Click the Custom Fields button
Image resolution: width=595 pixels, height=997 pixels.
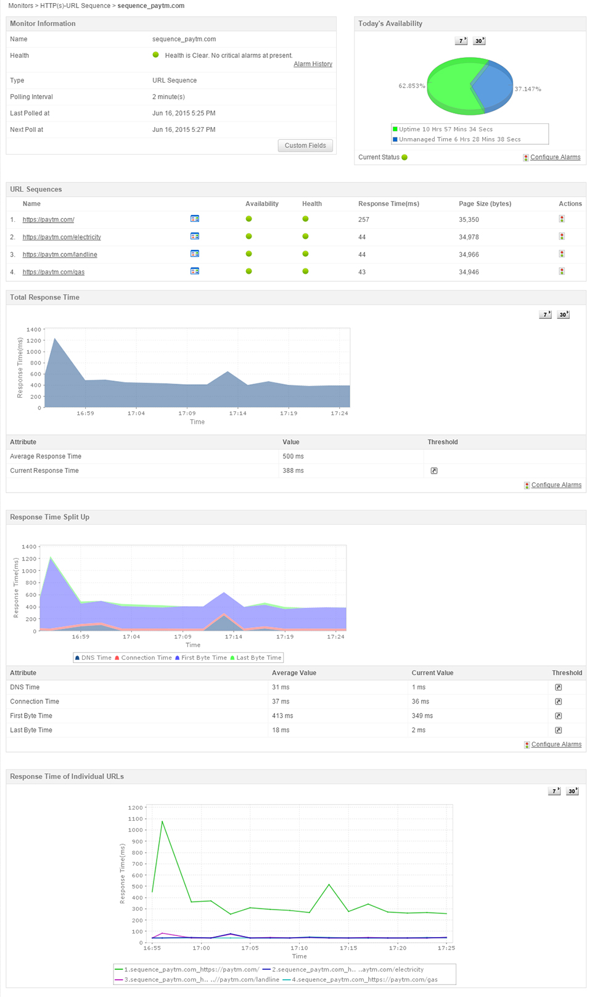click(305, 146)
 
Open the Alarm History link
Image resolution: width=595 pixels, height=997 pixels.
click(313, 64)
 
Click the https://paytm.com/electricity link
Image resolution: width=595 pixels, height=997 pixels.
click(62, 237)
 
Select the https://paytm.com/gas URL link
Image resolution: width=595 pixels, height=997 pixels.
click(54, 272)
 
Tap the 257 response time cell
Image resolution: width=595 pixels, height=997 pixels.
click(364, 220)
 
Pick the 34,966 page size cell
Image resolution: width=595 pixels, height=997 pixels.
click(469, 255)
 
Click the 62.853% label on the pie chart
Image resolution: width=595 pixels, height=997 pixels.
click(411, 86)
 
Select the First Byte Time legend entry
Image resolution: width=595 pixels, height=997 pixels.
click(203, 658)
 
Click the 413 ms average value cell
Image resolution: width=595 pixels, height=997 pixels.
click(282, 716)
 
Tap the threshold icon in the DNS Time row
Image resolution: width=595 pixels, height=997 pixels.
click(558, 687)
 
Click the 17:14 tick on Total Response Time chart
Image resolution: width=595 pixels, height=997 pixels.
click(237, 413)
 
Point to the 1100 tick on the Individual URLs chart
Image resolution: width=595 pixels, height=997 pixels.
click(135, 819)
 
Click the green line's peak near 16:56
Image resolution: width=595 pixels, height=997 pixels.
click(162, 821)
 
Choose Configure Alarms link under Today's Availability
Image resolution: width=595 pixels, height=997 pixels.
click(555, 157)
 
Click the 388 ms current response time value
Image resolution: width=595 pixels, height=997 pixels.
click(293, 470)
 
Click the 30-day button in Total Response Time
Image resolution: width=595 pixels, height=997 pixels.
click(563, 314)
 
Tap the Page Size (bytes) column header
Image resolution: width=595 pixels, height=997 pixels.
click(485, 203)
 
